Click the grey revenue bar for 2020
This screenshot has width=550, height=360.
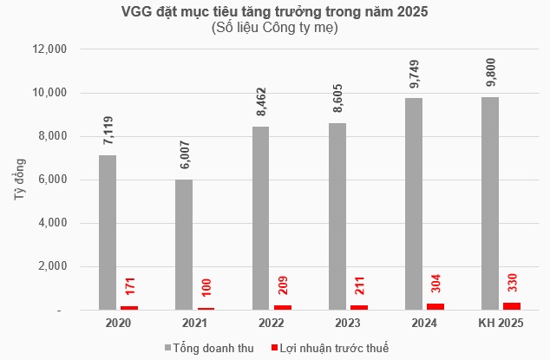[x=108, y=232]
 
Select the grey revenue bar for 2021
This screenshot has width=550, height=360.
[x=183, y=244]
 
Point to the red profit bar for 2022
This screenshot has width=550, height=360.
[x=283, y=307]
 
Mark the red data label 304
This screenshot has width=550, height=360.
[x=435, y=283]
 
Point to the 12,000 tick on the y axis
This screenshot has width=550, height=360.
[x=49, y=49]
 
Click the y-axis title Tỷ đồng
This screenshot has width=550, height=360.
[x=19, y=180]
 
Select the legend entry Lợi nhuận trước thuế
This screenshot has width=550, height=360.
[x=333, y=348]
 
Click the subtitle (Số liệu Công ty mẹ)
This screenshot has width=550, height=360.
[x=274, y=29]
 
